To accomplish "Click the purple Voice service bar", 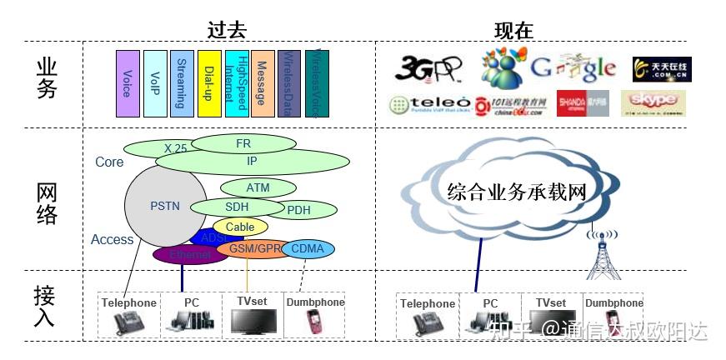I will [127, 83].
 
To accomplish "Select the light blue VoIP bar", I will [155, 83].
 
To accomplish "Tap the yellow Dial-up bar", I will [208, 83].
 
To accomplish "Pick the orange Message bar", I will [262, 83].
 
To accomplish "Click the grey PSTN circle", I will [164, 205].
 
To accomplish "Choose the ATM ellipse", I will [258, 187].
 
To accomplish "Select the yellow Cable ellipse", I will [240, 227].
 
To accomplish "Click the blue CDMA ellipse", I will [308, 248].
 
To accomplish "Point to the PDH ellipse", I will [299, 210].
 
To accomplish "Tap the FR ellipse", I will [243, 143].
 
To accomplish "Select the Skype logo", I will [653, 102].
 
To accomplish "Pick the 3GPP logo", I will [428, 69].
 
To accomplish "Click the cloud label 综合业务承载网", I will [517, 192].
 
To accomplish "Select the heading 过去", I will [227, 31].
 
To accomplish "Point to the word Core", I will [109, 162].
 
